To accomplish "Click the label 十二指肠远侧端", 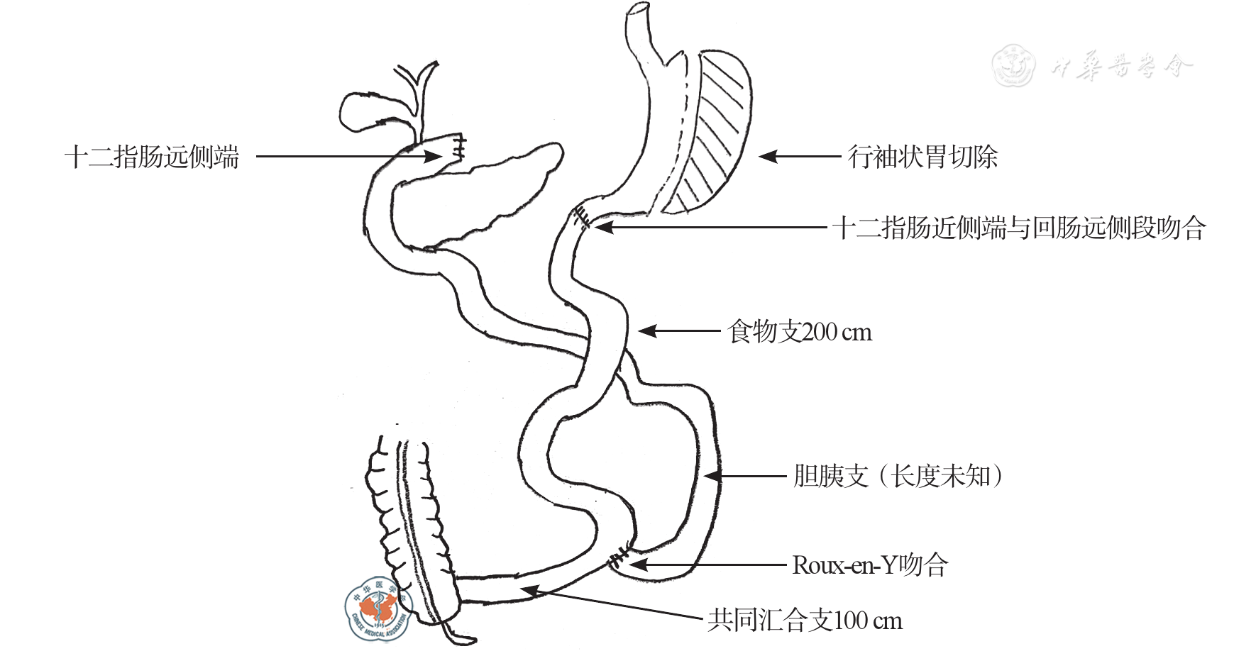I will coord(152,157).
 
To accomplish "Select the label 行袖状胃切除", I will coord(922,157).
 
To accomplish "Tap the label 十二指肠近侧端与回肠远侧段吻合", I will coord(1019,228).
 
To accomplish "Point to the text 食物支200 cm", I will coord(800,331).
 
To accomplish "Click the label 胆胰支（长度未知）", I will coord(898,476).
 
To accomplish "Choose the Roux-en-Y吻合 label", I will coord(870,565).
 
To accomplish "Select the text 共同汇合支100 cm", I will coord(805,621).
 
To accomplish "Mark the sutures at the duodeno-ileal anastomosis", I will coord(583,217).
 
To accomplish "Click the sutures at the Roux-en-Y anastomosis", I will coord(620,557).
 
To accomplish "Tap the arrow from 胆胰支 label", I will coord(745,476).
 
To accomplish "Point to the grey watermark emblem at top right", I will coord(1013,65).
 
